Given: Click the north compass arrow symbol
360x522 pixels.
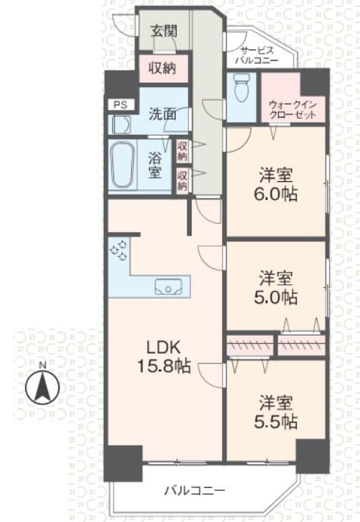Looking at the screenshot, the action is [42, 387].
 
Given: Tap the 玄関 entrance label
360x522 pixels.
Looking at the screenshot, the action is [164, 31].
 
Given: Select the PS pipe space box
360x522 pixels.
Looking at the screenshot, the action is [121, 105].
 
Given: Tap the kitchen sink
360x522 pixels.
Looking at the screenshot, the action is [168, 286].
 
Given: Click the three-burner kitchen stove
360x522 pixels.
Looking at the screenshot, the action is [119, 250].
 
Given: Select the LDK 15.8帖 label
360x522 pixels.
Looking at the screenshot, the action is [164, 357].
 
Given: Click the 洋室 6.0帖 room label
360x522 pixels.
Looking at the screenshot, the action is [276, 185].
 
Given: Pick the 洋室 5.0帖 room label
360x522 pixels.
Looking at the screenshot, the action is [276, 288].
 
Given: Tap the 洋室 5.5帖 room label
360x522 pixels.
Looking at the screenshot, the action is [276, 412].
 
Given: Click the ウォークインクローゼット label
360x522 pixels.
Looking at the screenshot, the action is [293, 110].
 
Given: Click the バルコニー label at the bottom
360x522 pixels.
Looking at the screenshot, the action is [195, 490].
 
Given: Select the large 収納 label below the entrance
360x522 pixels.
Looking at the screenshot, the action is [162, 68].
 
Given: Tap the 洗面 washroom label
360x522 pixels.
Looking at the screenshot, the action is [162, 114].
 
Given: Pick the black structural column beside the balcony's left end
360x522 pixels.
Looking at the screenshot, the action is [123, 463].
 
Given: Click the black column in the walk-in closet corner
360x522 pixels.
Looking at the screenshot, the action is [315, 83].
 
